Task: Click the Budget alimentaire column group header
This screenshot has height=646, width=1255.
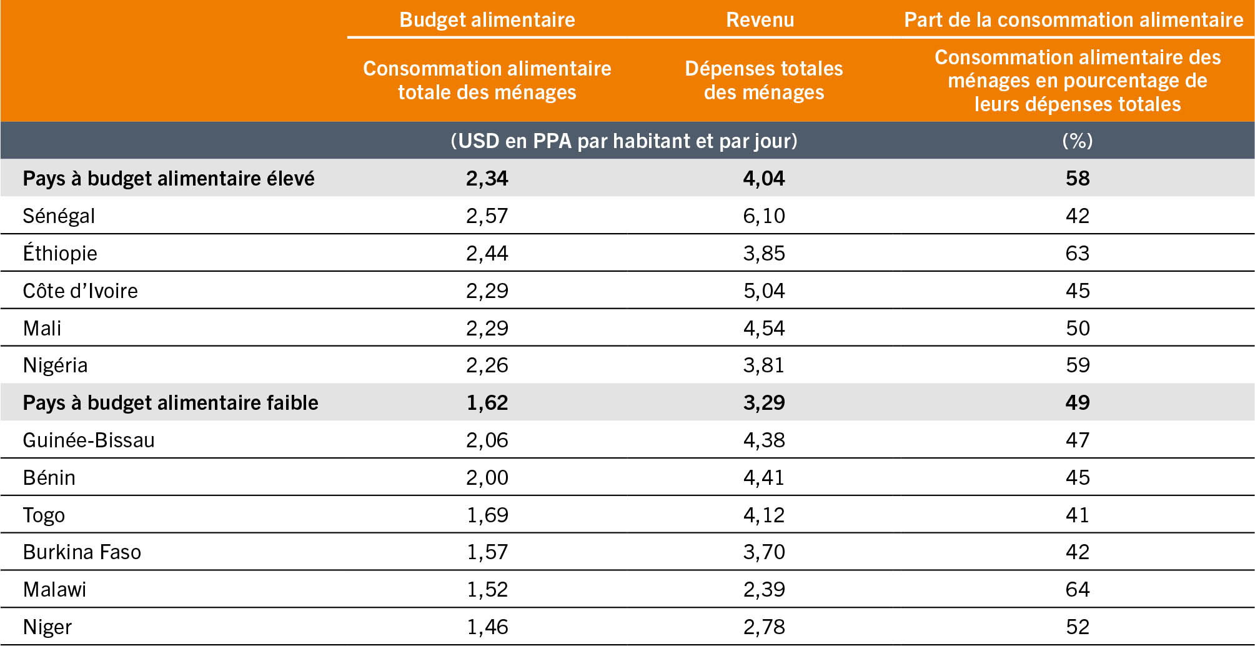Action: pyautogui.click(x=487, y=20)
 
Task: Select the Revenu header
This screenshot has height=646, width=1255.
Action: pyautogui.click(x=760, y=20)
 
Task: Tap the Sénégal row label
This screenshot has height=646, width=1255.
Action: pyautogui.click(x=59, y=216)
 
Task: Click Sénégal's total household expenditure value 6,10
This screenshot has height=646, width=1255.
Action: pyautogui.click(x=763, y=216)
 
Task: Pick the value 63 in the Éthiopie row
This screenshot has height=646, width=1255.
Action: pyautogui.click(x=1077, y=254)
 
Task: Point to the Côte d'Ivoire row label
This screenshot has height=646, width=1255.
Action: pyautogui.click(x=80, y=291)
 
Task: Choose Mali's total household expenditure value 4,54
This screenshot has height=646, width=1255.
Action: pyautogui.click(x=763, y=329)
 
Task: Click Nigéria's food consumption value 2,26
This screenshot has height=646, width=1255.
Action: pyautogui.click(x=487, y=365)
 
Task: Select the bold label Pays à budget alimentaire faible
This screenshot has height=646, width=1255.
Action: pyautogui.click(x=170, y=403)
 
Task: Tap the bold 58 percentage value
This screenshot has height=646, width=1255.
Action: pyautogui.click(x=1077, y=179)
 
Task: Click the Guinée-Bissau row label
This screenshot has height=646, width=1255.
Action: pyautogui.click(x=88, y=440)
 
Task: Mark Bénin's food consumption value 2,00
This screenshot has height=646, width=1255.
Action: pyautogui.click(x=487, y=478)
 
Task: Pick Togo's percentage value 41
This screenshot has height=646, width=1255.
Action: pyautogui.click(x=1077, y=515)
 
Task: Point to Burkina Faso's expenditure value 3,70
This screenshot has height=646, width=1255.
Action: pyautogui.click(x=763, y=552)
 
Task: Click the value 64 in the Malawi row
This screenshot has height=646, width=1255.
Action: pyautogui.click(x=1077, y=590)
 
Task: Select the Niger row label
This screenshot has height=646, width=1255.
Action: pyautogui.click(x=47, y=627)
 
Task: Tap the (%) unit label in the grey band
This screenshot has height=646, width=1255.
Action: pyautogui.click(x=1077, y=141)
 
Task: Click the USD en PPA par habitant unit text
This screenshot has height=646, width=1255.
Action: pyautogui.click(x=623, y=141)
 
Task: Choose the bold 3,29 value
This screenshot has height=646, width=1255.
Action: pyautogui.click(x=763, y=403)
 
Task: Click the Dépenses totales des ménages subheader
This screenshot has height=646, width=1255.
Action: pyautogui.click(x=763, y=81)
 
